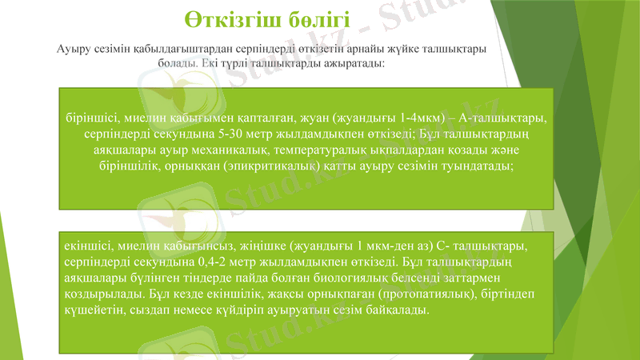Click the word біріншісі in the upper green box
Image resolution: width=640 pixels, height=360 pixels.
(95, 118)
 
